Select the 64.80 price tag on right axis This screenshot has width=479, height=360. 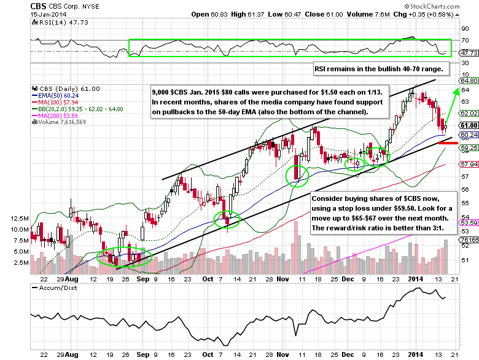pyautogui.click(x=468, y=80)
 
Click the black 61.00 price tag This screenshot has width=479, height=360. pyautogui.click(x=468, y=125)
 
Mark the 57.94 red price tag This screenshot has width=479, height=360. pyautogui.click(x=468, y=165)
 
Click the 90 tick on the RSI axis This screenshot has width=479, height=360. pyautogui.click(x=465, y=28)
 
